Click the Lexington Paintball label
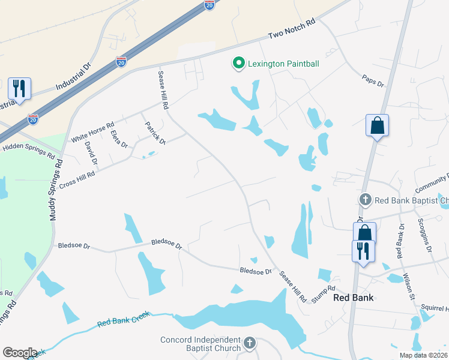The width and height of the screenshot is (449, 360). click(284, 64)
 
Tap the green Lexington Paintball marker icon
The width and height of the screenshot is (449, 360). click(238, 63)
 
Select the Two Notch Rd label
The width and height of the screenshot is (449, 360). click(292, 29)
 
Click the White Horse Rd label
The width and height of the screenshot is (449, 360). click(92, 132)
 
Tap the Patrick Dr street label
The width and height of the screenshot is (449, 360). click(155, 133)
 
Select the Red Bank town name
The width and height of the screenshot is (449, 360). click(353, 298)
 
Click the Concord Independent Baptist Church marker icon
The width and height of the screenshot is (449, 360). click(250, 344)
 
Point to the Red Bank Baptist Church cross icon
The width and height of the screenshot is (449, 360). click(364, 199)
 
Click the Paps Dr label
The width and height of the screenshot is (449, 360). click(372, 80)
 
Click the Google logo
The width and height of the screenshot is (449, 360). click(20, 353)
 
